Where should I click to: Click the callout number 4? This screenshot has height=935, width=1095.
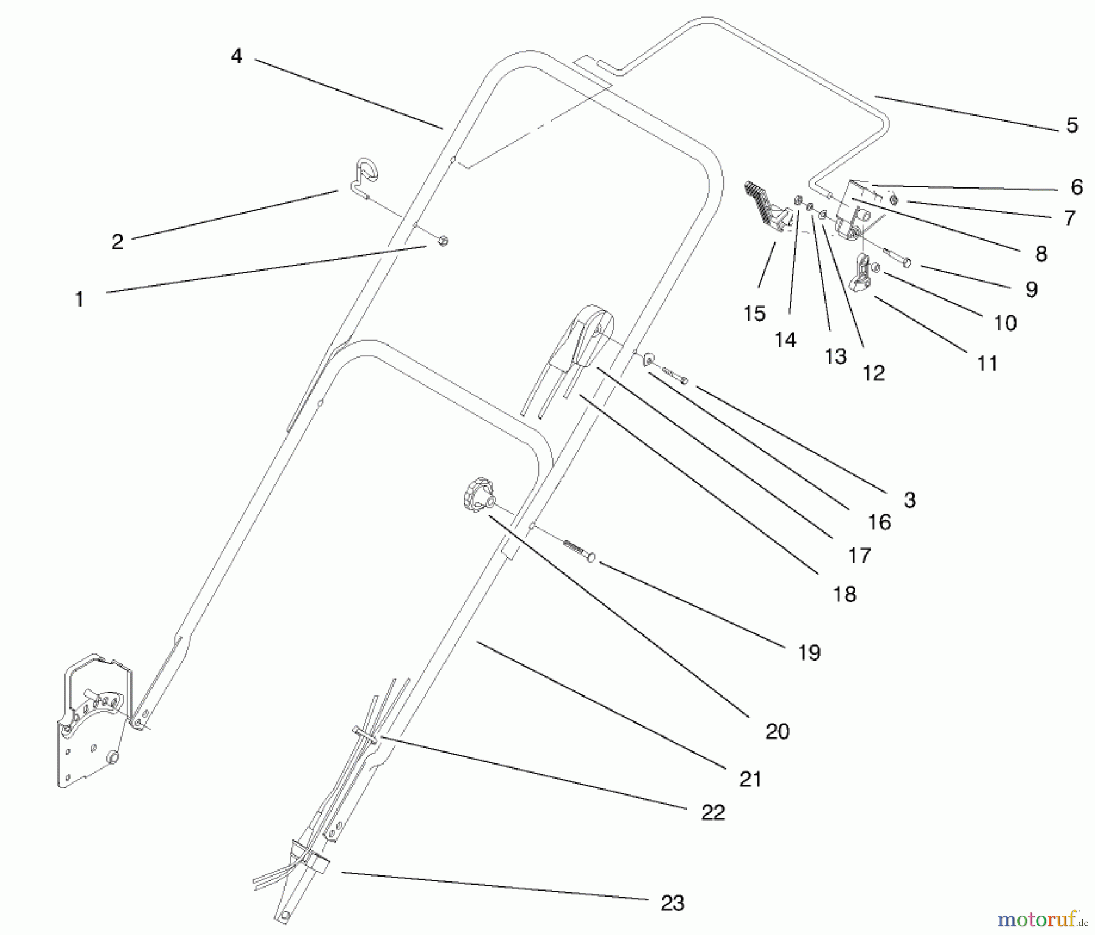(237, 57)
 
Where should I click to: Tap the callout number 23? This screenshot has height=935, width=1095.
(672, 903)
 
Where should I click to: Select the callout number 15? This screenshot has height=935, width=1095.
(754, 313)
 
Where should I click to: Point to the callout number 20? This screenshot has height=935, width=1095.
(777, 731)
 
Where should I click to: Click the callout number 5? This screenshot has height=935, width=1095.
(1072, 125)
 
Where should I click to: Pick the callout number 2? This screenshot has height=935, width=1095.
(117, 242)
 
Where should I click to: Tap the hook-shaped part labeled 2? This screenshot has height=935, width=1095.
(365, 176)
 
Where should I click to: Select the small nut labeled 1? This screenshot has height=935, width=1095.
(443, 241)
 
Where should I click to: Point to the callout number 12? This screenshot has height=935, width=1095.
(874, 373)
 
